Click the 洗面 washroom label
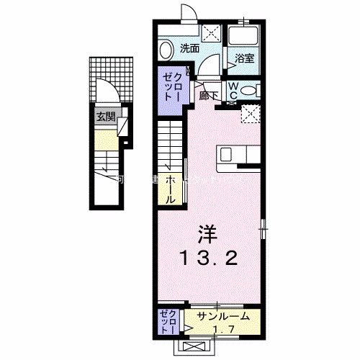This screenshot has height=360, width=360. click(x=189, y=49)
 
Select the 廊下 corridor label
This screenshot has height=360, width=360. click(x=208, y=94)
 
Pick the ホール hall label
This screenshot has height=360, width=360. click(x=171, y=188)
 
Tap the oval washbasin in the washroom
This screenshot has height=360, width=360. click(x=166, y=50)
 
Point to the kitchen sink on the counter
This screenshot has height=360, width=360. click(x=226, y=153)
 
